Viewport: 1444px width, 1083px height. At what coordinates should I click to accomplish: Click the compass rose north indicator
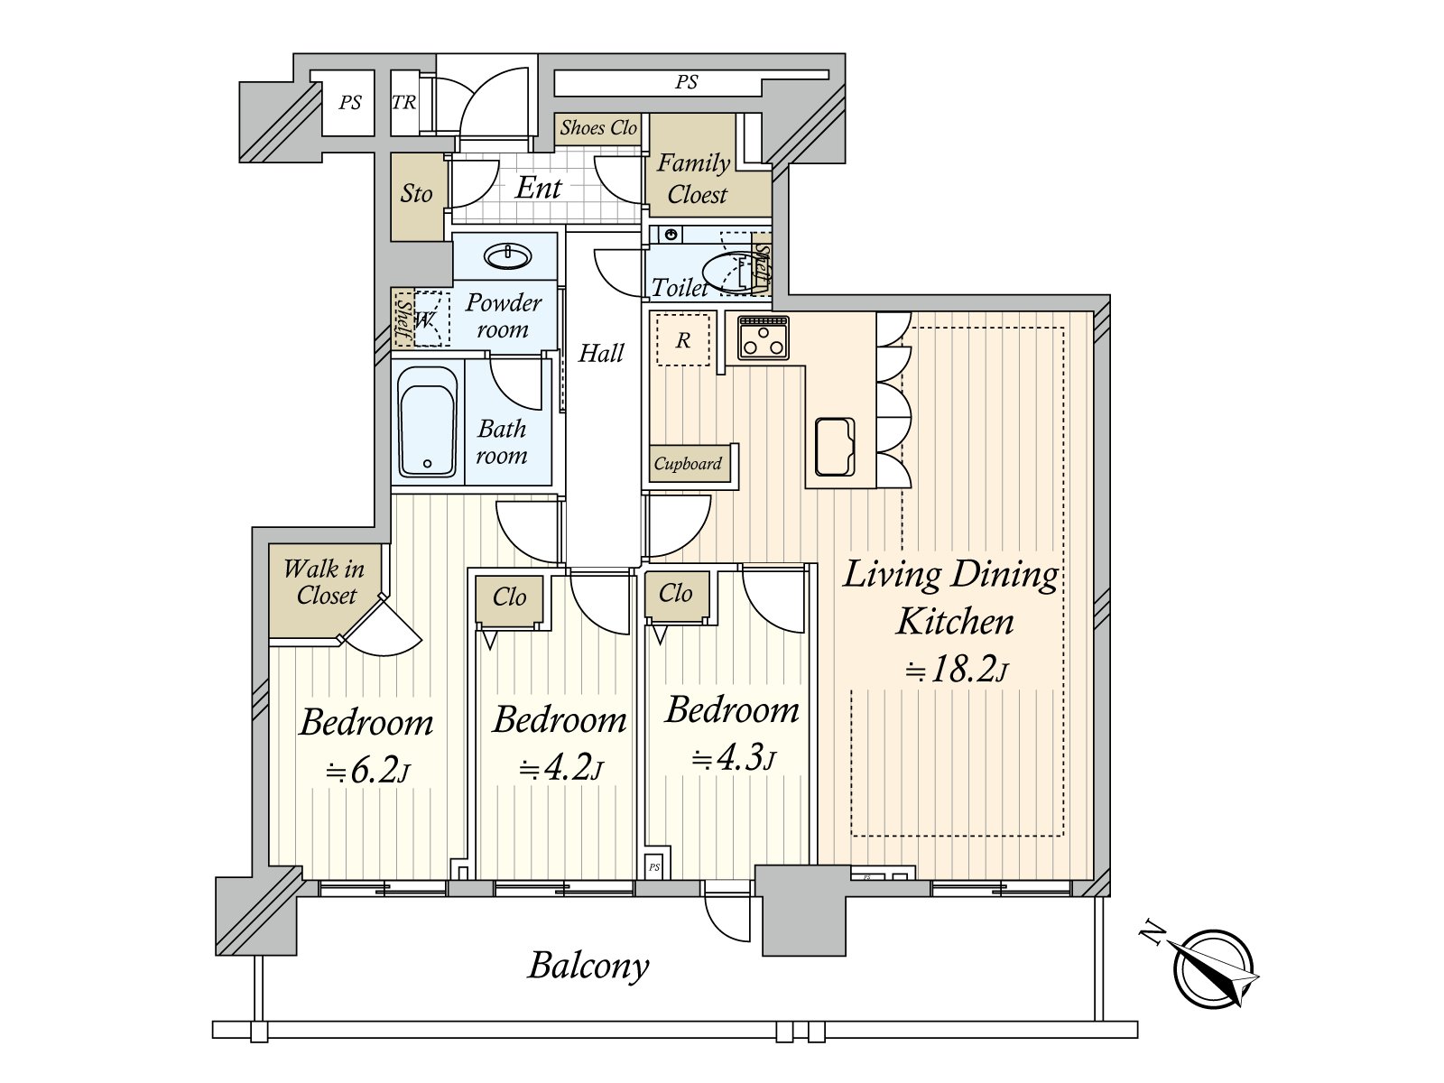[1214, 968]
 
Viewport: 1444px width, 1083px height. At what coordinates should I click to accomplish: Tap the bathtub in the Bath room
[427, 421]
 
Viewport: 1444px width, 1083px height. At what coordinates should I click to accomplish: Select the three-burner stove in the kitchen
[764, 338]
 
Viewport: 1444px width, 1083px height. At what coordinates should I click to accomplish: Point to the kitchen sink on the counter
[835, 447]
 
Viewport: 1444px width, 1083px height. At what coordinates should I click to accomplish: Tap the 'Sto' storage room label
[416, 193]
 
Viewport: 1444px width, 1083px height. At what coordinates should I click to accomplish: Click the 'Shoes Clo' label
[598, 127]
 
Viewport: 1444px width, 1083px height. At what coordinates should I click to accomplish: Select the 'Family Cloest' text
[694, 178]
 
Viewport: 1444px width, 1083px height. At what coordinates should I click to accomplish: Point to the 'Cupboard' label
[688, 464]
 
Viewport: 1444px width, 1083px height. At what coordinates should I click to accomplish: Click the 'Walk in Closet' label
[324, 582]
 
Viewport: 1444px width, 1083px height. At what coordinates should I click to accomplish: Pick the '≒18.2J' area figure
[955, 670]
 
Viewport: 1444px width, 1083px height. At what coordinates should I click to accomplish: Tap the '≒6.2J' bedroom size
[367, 770]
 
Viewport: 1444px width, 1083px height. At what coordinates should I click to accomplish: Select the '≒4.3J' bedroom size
[734, 759]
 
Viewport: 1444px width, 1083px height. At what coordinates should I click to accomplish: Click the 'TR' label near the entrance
[404, 103]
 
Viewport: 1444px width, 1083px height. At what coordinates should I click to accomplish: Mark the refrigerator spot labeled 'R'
[683, 340]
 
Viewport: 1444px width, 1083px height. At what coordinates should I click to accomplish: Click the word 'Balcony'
[588, 966]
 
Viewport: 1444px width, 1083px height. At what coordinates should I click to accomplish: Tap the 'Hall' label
[601, 353]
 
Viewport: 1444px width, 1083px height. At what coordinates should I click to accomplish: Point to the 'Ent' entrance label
[538, 188]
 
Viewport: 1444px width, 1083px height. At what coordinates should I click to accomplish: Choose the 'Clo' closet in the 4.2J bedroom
[509, 597]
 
